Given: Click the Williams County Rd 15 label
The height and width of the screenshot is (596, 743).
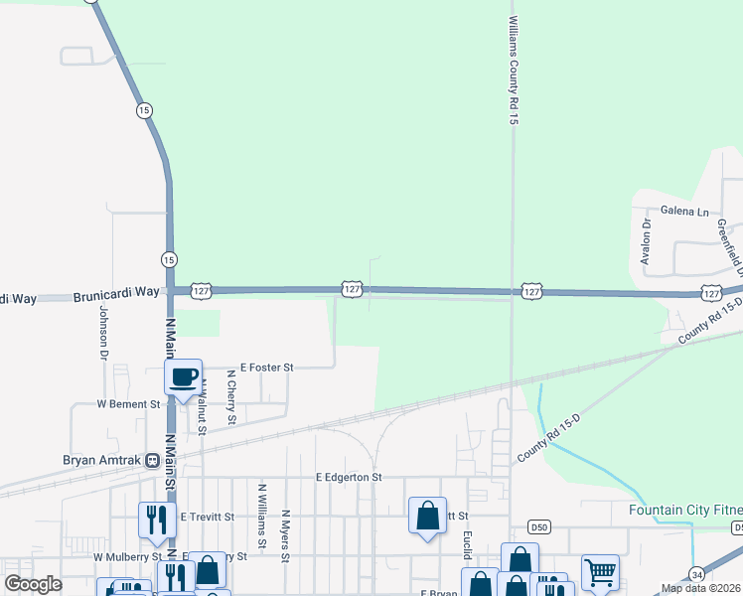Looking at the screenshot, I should click(514, 70).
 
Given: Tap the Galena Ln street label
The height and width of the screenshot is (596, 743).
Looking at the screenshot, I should click(685, 212).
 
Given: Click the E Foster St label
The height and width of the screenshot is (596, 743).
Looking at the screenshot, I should click(260, 368).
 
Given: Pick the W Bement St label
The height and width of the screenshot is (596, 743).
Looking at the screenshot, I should click(128, 404).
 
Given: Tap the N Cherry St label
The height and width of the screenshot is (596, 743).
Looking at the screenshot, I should click(230, 397).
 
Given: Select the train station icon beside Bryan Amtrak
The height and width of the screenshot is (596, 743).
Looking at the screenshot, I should click(152, 460).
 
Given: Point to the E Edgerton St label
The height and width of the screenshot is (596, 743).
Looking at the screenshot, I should click(349, 477).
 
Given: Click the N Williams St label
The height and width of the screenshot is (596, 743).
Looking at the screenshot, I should click(262, 516).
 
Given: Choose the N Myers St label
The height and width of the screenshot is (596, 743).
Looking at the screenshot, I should click(285, 535).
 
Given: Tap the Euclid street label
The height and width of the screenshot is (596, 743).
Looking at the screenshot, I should click(465, 543).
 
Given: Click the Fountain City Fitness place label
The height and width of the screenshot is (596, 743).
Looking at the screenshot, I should click(685, 511).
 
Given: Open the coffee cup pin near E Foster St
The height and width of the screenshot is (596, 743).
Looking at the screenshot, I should click(183, 377).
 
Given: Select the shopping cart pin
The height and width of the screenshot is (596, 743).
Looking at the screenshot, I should click(600, 571).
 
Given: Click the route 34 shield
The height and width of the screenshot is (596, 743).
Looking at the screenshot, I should click(697, 574).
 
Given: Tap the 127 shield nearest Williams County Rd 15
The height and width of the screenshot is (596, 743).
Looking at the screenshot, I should click(531, 291).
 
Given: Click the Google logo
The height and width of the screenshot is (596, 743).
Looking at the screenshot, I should click(33, 584).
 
